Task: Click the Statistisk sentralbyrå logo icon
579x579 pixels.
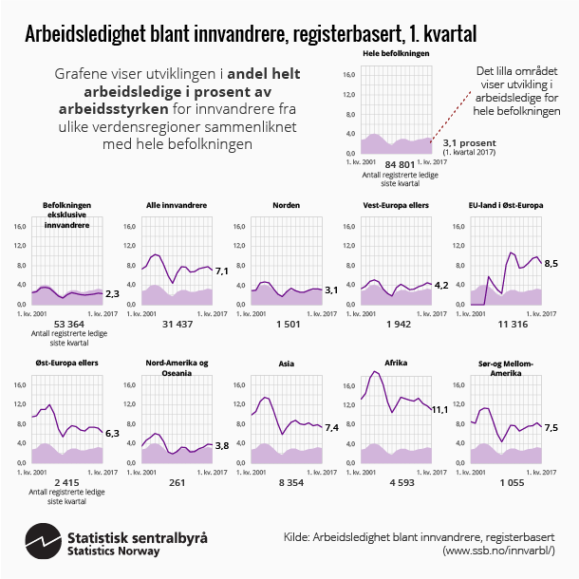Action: pos(44,542)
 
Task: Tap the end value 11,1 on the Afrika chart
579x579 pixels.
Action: pos(439,409)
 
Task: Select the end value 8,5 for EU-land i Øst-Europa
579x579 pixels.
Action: pos(550,263)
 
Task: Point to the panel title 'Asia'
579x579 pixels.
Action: pos(286,363)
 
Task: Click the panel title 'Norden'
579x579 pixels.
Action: pos(286,205)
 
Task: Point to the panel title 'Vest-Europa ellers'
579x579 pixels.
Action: pos(396,205)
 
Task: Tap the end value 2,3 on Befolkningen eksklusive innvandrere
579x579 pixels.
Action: pos(110,294)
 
